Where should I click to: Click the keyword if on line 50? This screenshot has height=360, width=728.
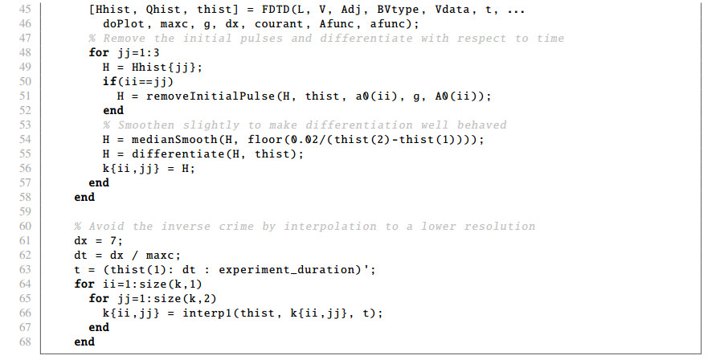(x=108, y=81)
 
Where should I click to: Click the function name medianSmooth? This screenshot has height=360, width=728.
(x=162, y=138)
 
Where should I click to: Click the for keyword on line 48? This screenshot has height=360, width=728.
(x=98, y=53)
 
